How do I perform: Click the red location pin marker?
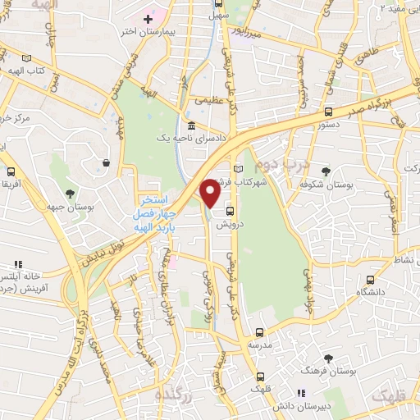210,194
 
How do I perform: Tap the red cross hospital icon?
148,18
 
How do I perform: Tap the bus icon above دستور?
328,112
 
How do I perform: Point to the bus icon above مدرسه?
259,333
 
